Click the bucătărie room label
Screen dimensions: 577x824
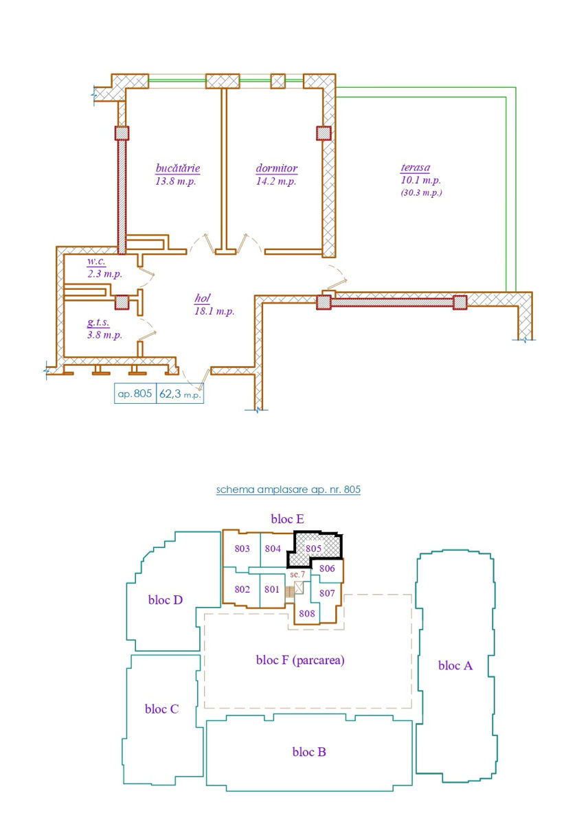178,168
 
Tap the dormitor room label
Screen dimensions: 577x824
277,168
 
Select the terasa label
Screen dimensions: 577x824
416,168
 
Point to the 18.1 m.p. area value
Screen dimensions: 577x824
214,312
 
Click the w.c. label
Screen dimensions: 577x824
96,262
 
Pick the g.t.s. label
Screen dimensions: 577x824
98,323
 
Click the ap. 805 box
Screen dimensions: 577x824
135,393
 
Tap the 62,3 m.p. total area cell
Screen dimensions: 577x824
180,393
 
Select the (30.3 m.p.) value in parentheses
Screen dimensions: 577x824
421,192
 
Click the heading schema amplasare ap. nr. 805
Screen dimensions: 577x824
288,490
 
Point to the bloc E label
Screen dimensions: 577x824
287,519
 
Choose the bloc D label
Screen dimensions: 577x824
166,600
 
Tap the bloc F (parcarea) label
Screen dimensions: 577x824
300,661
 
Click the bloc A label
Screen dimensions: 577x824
455,665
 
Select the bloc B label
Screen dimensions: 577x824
309,751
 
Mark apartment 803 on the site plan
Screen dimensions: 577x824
242,549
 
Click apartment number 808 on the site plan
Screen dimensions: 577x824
307,613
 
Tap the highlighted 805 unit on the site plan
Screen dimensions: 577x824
313,549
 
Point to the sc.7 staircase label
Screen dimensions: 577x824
297,574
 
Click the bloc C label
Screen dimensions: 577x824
161,709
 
